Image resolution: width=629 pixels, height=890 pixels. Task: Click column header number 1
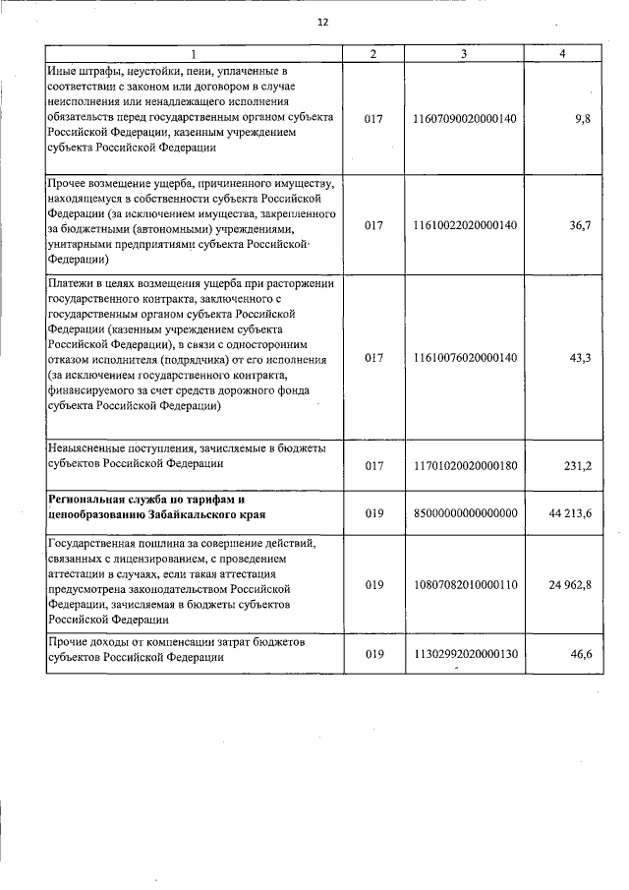(193, 53)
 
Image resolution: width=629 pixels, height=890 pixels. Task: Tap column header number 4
(561, 53)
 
